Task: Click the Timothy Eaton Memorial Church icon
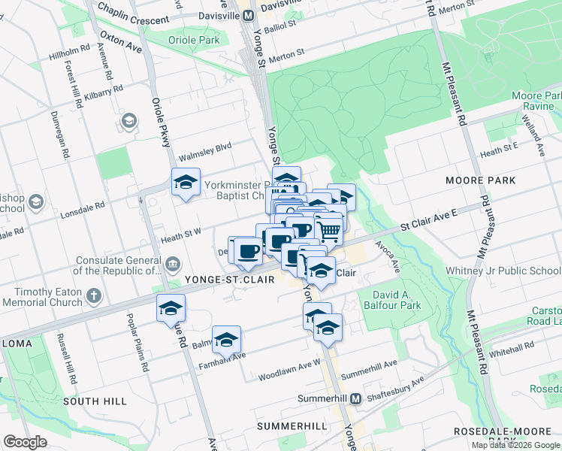coord(94,296)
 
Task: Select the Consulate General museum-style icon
coord(174,264)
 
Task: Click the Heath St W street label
coord(181,237)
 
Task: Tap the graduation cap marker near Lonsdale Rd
coord(186,183)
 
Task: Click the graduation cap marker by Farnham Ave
coord(226,341)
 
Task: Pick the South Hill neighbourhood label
coord(95,401)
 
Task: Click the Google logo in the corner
coord(25,442)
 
